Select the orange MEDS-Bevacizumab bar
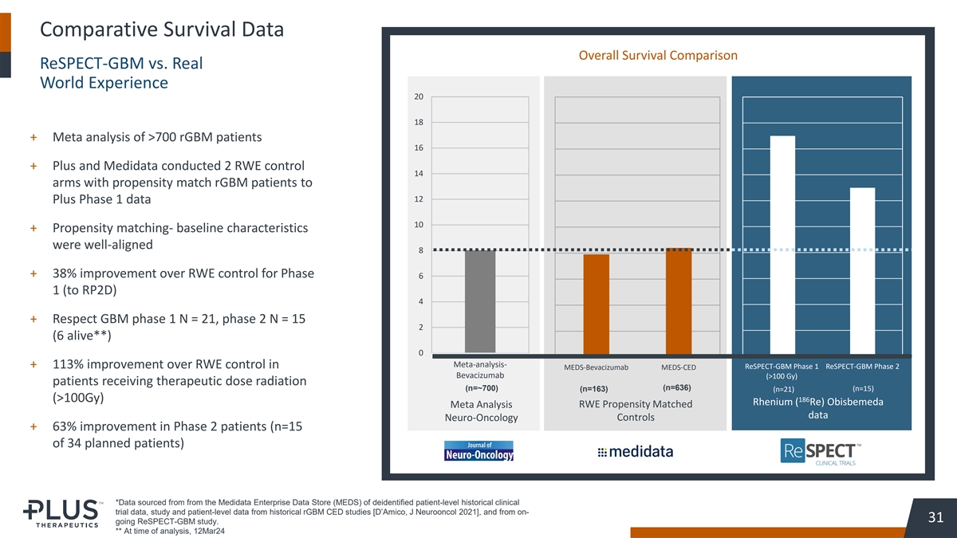click(x=596, y=304)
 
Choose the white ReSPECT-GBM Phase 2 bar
click(x=862, y=270)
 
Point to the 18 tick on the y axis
click(x=419, y=123)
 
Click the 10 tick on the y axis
click(x=419, y=225)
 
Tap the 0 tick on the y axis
click(x=419, y=353)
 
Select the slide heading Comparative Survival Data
click(x=161, y=30)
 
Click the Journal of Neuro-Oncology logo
click(x=478, y=451)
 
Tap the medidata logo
click(x=635, y=452)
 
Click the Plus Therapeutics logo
click(x=61, y=513)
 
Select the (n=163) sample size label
click(x=593, y=389)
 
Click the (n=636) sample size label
click(x=675, y=388)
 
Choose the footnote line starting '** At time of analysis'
click(x=170, y=532)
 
